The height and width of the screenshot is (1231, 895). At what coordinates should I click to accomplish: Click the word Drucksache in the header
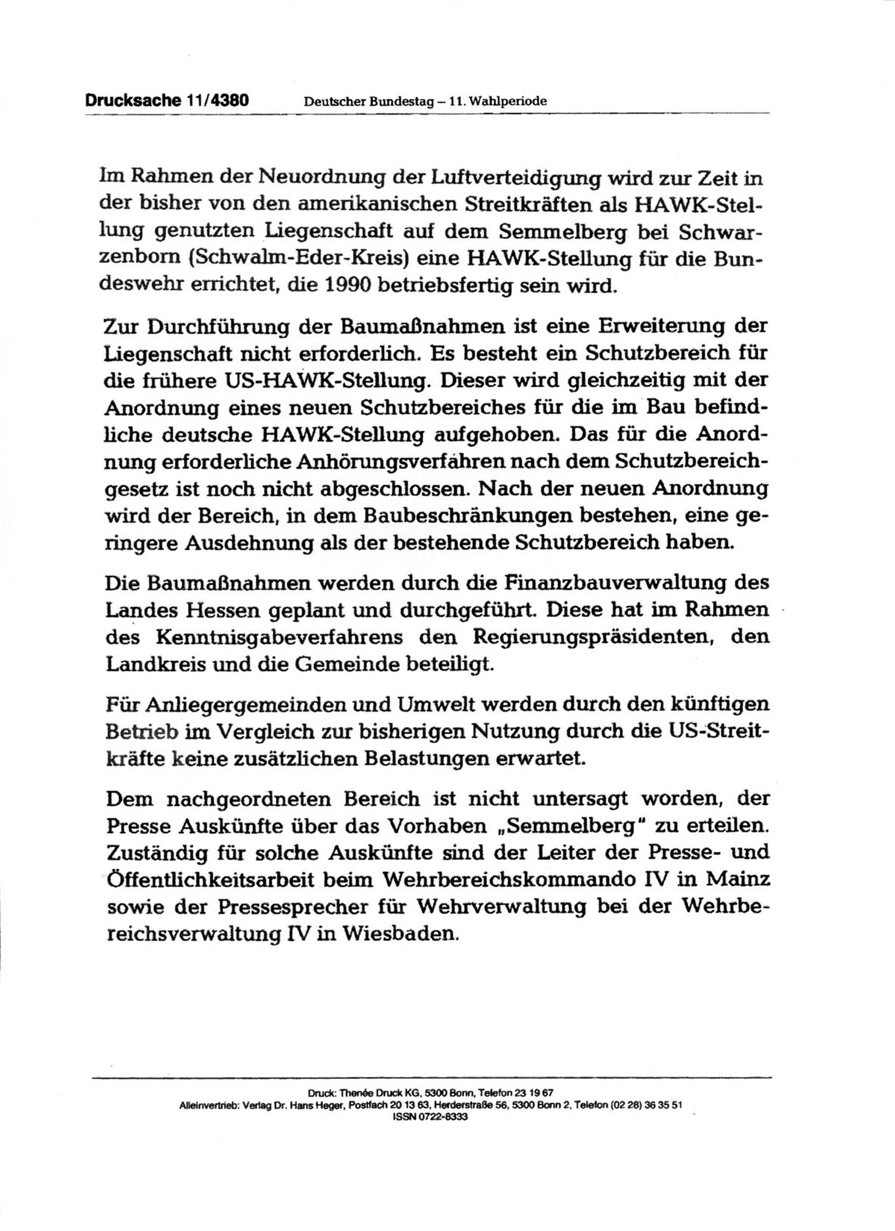132,100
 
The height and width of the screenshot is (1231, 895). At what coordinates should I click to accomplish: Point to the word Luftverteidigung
513,178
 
